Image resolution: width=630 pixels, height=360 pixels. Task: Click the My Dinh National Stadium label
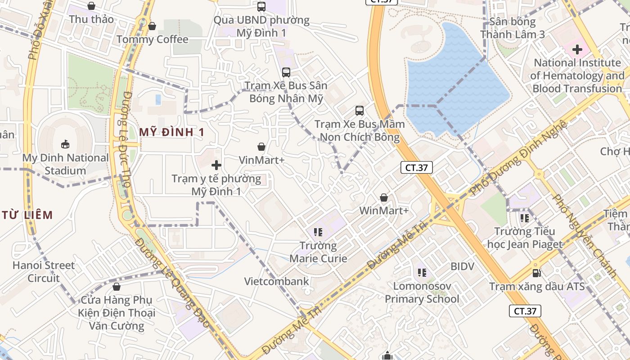[66, 164]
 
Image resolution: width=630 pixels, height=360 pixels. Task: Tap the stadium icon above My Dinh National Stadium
[66, 144]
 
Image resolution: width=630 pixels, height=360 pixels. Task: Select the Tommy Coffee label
[152, 40]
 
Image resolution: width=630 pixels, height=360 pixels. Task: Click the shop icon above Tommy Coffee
[152, 26]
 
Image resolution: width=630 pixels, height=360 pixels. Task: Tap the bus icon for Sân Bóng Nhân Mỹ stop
[286, 72]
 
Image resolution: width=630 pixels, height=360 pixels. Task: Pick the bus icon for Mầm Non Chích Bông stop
[359, 110]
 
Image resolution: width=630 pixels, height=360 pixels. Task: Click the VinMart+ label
[261, 160]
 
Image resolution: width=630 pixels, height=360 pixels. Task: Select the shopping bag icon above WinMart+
[384, 198]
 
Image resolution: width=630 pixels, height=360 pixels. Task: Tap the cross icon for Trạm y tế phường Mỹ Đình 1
[216, 165]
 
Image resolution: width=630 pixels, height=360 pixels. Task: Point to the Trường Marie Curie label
[319, 252]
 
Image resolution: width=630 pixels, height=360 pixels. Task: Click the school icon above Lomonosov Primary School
[422, 272]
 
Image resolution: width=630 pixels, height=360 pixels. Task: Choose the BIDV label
[463, 266]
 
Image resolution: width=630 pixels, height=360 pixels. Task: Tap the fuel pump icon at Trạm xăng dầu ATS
[536, 273]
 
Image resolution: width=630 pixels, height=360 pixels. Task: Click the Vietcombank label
[277, 282]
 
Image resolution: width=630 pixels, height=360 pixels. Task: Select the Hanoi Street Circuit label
[44, 271]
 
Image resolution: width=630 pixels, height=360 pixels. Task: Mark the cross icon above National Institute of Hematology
[577, 49]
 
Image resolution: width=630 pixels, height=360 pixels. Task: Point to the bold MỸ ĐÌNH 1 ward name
[172, 132]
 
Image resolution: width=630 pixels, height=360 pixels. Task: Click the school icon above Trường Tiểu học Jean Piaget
[524, 218]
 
